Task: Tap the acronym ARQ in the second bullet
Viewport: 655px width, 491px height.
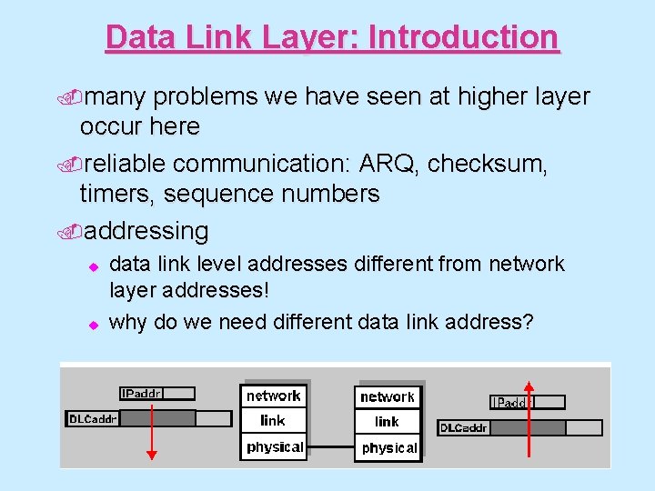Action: click(388, 164)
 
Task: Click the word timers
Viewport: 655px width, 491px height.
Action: click(116, 195)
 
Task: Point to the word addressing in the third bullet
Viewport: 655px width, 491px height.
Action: click(146, 231)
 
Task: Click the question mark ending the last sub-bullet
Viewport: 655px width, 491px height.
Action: click(528, 321)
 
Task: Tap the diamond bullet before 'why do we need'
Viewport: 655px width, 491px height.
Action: click(92, 323)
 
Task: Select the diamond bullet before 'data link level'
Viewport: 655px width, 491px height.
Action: click(92, 266)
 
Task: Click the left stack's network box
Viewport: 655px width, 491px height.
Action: click(273, 396)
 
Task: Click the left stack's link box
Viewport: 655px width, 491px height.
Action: click(273, 420)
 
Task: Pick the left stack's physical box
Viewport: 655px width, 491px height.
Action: click(274, 447)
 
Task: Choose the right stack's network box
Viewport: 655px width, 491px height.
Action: click(388, 396)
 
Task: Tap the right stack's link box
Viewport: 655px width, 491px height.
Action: click(388, 422)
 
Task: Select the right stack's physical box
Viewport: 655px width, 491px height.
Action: click(388, 448)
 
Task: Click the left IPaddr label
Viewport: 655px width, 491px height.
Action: click(142, 394)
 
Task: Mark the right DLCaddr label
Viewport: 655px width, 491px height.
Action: click(464, 427)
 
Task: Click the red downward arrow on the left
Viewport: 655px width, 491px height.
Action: click(152, 427)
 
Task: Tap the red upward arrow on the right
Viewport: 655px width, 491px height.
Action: click(529, 418)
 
